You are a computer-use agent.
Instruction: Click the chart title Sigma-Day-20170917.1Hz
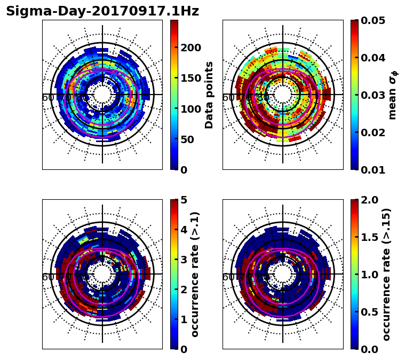tap(102, 11)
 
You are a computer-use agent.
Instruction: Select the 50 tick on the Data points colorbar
tap(190, 139)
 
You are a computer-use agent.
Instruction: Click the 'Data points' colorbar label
tap(209, 95)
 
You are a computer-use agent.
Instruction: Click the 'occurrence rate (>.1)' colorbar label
tap(195, 274)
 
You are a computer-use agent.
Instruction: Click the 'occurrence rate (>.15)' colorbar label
tap(386, 274)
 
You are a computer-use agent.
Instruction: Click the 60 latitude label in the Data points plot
tap(47, 98)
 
